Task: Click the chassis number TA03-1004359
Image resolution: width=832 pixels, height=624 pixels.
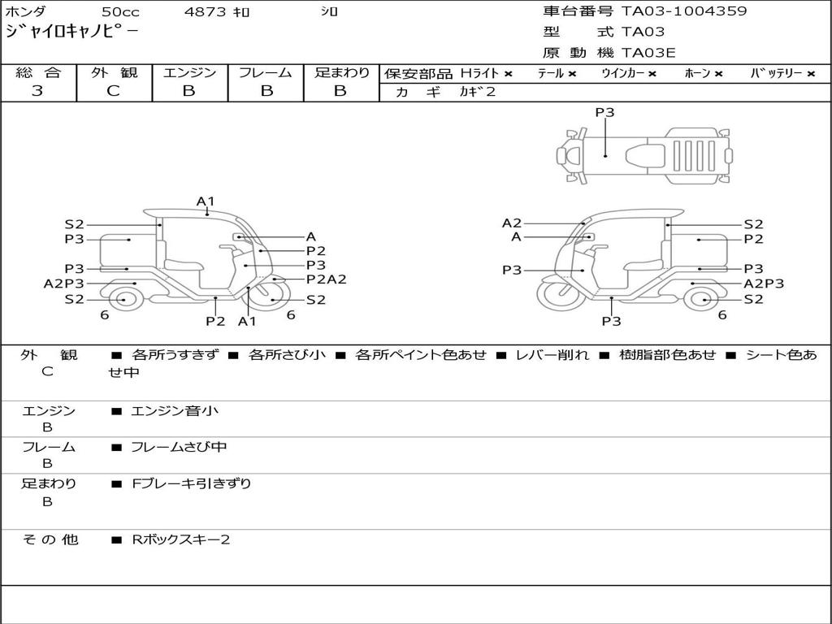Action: pyautogui.click(x=684, y=11)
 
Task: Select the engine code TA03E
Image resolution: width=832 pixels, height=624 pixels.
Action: pyautogui.click(x=648, y=54)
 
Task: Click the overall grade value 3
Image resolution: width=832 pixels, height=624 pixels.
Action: pyautogui.click(x=37, y=91)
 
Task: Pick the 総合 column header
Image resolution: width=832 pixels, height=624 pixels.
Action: pyautogui.click(x=38, y=73)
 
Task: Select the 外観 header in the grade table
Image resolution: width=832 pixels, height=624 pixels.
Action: pyautogui.click(x=114, y=73)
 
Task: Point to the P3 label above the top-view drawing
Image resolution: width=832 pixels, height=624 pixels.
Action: pyautogui.click(x=604, y=113)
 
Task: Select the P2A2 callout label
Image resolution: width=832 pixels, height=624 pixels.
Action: pyautogui.click(x=326, y=279)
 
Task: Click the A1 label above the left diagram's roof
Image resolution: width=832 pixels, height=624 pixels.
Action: pyautogui.click(x=206, y=201)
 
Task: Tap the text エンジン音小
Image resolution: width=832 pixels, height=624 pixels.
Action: pyautogui.click(x=174, y=411)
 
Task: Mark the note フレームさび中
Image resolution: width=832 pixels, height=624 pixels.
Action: pyautogui.click(x=179, y=447)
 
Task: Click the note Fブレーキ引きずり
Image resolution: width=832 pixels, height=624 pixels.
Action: pyautogui.click(x=191, y=483)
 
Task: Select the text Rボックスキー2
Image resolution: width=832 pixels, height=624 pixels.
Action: pyautogui.click(x=180, y=539)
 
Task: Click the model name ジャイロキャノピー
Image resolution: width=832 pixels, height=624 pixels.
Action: pyautogui.click(x=71, y=32)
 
